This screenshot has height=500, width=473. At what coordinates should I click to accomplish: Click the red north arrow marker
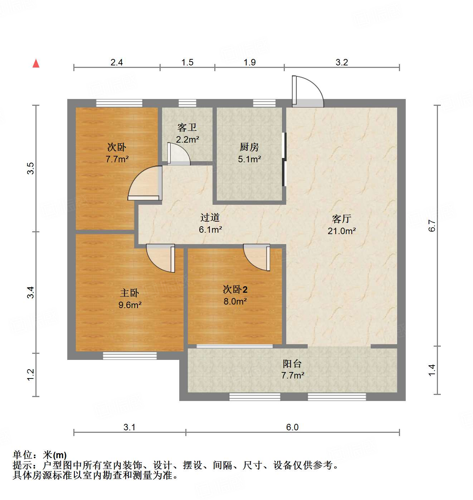[x=36, y=63]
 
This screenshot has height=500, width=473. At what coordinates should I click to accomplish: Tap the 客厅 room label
[x=341, y=218]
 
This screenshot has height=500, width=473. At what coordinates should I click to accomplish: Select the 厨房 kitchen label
[x=249, y=147]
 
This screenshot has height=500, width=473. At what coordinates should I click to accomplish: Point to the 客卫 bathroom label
[x=187, y=127]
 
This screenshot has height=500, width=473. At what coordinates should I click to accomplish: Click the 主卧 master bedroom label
[x=130, y=293]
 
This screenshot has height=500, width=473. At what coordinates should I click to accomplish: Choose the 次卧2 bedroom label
[x=235, y=289]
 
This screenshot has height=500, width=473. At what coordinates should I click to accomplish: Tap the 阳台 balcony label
[x=292, y=363]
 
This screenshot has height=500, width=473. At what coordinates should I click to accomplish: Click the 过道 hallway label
[x=210, y=217]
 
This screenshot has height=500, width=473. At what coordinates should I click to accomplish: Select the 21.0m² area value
[x=341, y=231]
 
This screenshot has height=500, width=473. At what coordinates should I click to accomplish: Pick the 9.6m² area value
[x=130, y=305]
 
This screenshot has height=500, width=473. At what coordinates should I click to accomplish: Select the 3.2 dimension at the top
[x=342, y=63]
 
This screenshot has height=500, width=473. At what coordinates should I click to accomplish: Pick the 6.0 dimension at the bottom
[x=292, y=427]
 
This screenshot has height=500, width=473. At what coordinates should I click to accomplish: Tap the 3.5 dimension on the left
[x=31, y=168]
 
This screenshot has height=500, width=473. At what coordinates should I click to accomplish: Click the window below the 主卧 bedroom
[x=130, y=356]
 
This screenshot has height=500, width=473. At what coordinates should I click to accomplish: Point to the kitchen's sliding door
[x=284, y=159]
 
